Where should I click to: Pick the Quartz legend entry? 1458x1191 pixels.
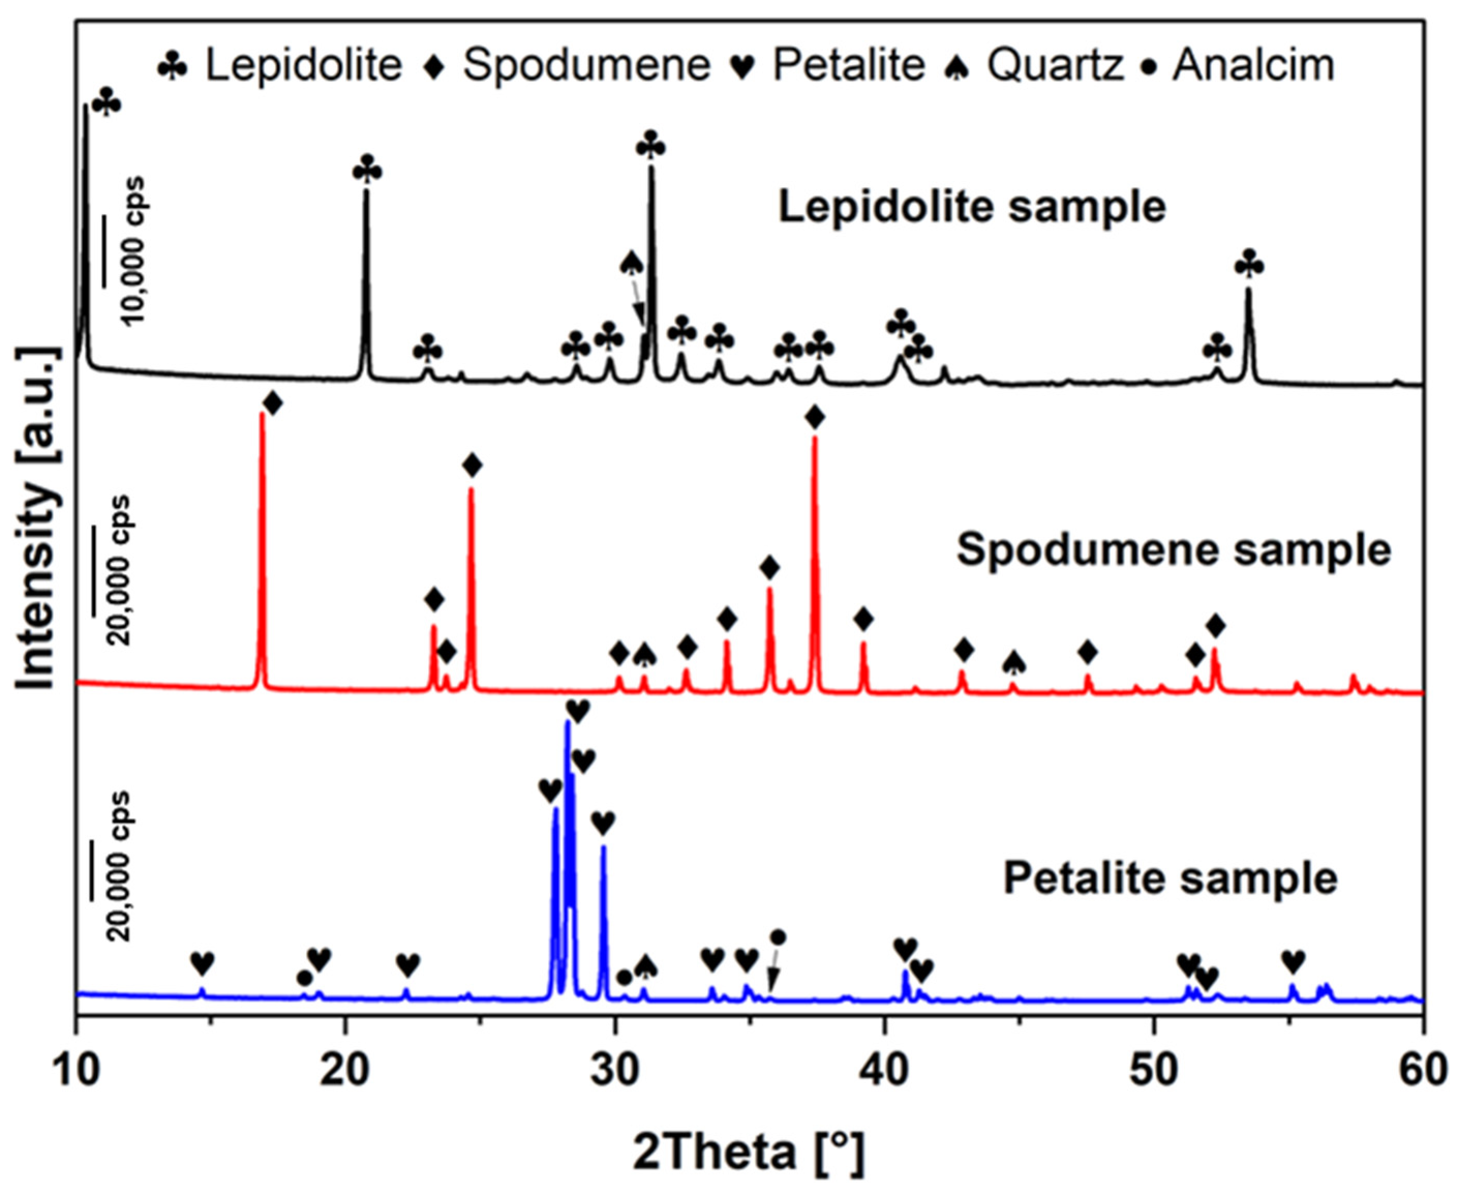coord(1036,65)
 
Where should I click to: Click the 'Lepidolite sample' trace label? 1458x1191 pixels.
coord(972,206)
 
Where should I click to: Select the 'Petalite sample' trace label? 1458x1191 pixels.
coord(1170,878)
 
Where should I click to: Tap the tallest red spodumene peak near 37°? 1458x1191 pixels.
coord(815,439)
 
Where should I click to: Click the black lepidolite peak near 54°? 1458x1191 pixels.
coord(1249,292)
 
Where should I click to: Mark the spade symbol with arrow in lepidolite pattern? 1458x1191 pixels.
coord(631,263)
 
